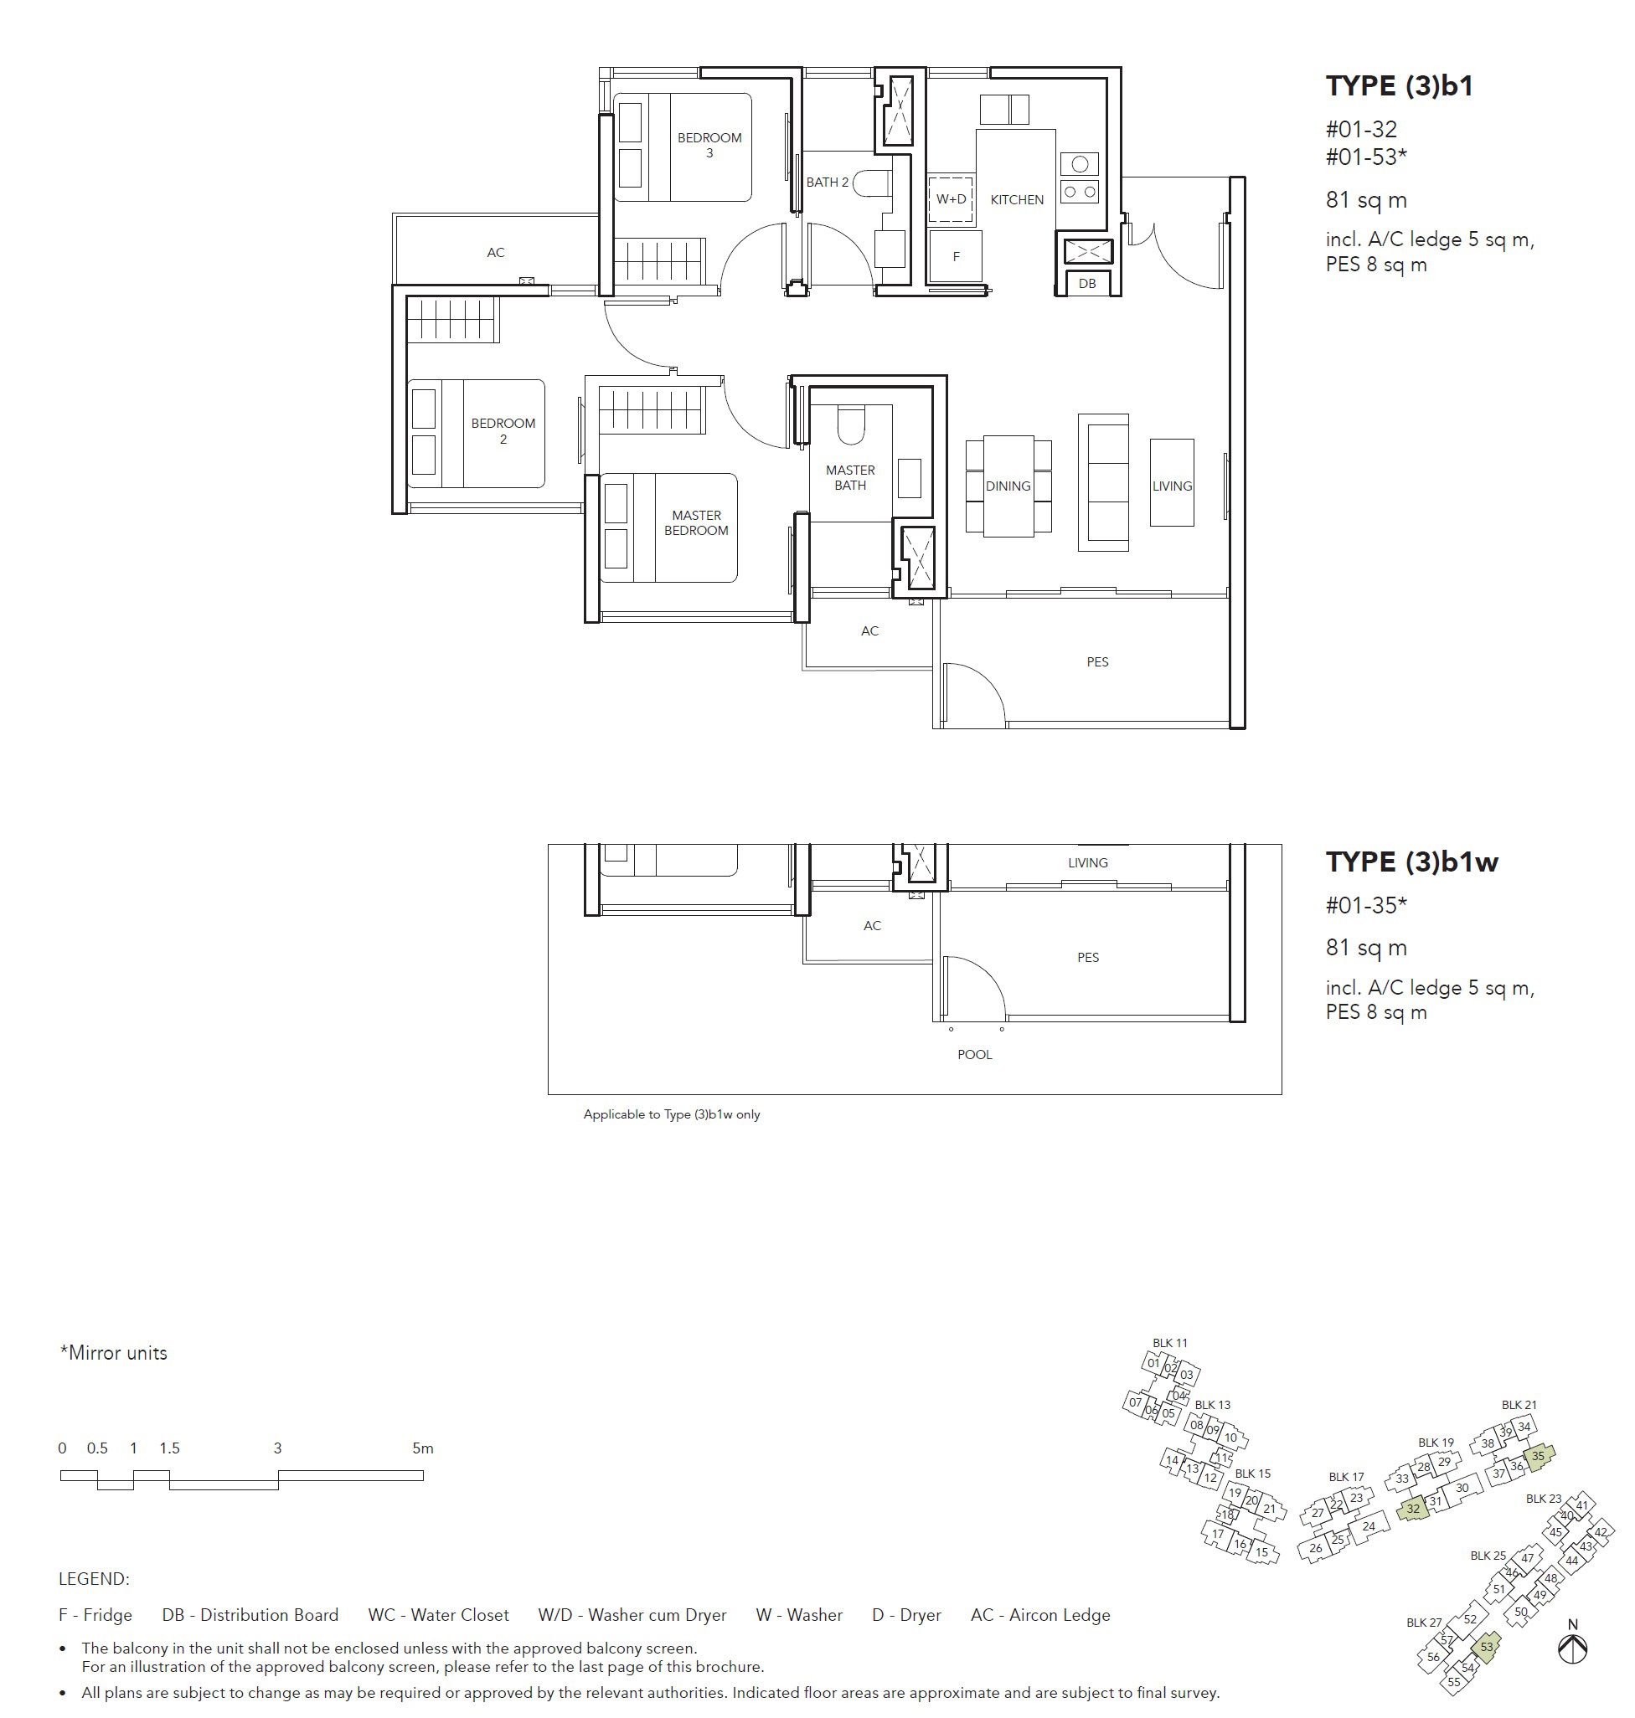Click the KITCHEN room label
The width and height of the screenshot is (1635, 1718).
pyautogui.click(x=1016, y=199)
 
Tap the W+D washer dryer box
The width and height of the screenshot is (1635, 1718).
pyautogui.click(x=951, y=198)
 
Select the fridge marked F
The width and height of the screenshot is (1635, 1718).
pyautogui.click(x=955, y=256)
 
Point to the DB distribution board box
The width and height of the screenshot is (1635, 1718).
pyautogui.click(x=1087, y=282)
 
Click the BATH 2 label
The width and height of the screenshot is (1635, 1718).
pyautogui.click(x=827, y=182)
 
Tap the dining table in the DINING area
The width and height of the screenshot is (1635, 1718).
pyautogui.click(x=1008, y=486)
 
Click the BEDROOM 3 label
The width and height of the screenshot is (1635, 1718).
pyautogui.click(x=709, y=145)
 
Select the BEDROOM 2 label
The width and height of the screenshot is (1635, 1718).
pyautogui.click(x=503, y=431)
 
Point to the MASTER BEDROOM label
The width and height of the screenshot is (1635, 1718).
pyautogui.click(x=696, y=522)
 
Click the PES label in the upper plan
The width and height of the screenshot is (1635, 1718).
pyautogui.click(x=1097, y=662)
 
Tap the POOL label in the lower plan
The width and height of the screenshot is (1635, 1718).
pyautogui.click(x=974, y=1054)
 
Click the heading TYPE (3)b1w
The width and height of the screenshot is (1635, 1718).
pyautogui.click(x=1412, y=862)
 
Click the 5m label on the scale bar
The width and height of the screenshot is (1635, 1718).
pyautogui.click(x=423, y=1448)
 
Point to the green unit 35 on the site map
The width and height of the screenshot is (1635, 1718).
pyautogui.click(x=1539, y=1456)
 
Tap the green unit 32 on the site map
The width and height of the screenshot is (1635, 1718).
pyautogui.click(x=1413, y=1508)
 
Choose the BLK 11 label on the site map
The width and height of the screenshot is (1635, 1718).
pyautogui.click(x=1169, y=1343)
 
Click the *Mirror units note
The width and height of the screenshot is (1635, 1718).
pyautogui.click(x=113, y=1353)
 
